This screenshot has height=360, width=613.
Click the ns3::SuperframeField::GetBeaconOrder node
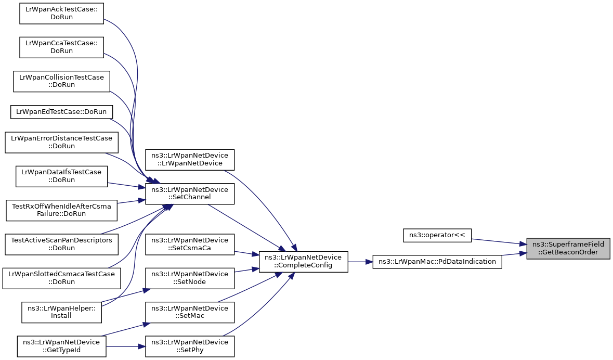(x=568, y=248)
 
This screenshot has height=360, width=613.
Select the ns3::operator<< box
(x=437, y=235)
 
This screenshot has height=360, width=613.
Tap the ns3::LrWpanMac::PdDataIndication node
(x=437, y=262)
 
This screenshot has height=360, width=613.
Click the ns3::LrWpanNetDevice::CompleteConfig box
(x=303, y=262)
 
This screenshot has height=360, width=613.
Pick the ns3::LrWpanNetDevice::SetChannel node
(x=190, y=194)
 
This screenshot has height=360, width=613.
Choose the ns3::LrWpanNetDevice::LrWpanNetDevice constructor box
(x=190, y=160)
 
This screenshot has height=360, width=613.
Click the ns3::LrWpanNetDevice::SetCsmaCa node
(x=190, y=244)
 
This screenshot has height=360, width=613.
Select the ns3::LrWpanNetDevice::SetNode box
(x=190, y=278)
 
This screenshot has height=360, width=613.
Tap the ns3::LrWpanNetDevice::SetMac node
(x=190, y=312)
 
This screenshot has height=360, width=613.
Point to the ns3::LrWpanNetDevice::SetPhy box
(x=190, y=346)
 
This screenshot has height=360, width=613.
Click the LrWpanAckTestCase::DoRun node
(x=61, y=14)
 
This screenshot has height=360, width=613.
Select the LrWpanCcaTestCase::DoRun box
(x=61, y=47)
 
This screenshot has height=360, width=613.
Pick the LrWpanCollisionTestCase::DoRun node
(x=61, y=81)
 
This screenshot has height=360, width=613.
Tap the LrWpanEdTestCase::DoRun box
(x=61, y=112)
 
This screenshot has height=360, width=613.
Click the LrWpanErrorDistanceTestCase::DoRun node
(x=61, y=143)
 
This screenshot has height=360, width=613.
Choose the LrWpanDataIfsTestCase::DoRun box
(x=61, y=176)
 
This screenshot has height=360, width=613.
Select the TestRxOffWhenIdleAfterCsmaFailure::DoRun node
(x=61, y=210)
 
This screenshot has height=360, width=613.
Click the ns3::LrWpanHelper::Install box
(x=61, y=312)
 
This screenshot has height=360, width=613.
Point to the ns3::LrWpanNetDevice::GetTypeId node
(x=61, y=346)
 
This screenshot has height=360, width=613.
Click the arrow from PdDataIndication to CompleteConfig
(x=360, y=262)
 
